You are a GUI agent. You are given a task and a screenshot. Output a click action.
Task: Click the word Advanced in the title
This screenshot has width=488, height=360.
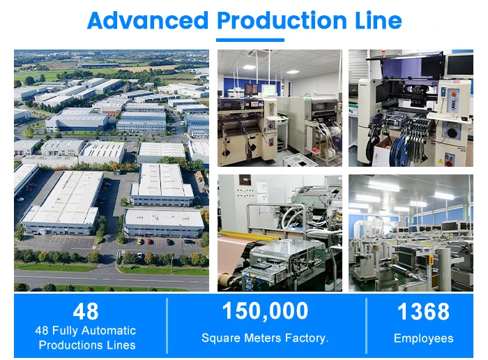[x=148, y=20]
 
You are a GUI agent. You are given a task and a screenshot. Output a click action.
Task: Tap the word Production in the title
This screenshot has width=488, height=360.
[x=282, y=20]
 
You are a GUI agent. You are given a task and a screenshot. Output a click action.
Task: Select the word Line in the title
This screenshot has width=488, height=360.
[x=378, y=20]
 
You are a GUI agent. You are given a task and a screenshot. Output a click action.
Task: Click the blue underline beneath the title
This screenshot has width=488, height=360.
[x=250, y=40]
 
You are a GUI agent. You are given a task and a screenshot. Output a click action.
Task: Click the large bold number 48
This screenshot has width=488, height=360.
[x=86, y=311]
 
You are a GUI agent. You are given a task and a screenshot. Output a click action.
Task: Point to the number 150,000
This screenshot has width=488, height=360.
[x=265, y=311]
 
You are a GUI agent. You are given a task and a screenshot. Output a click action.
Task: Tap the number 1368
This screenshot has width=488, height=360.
[x=423, y=311]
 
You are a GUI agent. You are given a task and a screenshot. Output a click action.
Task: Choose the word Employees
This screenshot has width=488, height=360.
[x=424, y=338]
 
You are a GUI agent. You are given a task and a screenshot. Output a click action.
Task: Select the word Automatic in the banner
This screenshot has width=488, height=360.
[x=109, y=331]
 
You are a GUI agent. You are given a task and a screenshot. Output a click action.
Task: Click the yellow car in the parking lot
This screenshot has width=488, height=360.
[x=140, y=241]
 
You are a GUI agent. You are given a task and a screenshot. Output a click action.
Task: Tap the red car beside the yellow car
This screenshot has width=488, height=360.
[x=149, y=241]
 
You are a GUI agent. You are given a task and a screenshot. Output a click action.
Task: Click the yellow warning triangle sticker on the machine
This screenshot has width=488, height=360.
[x=441, y=161]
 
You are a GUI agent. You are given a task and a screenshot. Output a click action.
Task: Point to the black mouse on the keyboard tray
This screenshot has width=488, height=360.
[x=464, y=119]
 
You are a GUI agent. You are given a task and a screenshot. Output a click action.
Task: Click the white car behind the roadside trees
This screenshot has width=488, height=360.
[x=139, y=256]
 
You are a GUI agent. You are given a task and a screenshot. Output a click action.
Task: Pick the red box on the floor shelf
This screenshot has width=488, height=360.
[x=317, y=151]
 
